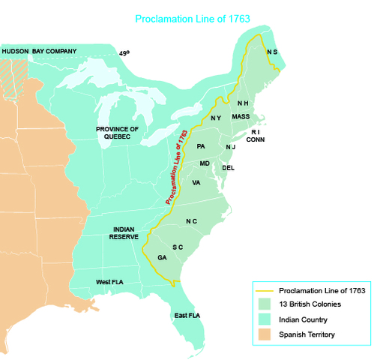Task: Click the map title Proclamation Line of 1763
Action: [x=193, y=19]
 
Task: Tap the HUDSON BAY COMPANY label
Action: [x=39, y=51]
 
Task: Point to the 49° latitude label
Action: [x=124, y=53]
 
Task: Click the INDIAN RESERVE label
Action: [x=124, y=232]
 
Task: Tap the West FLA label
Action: [x=109, y=282]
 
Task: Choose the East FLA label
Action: [x=185, y=315]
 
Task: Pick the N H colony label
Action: [x=243, y=103]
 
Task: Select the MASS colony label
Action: [x=241, y=116]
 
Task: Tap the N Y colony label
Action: [x=216, y=118]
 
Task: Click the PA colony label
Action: [x=201, y=145]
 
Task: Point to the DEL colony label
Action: [x=229, y=167]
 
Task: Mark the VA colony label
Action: [x=196, y=182]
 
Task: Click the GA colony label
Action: [x=162, y=257]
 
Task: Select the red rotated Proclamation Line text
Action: [x=175, y=167]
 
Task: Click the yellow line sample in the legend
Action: [x=265, y=290]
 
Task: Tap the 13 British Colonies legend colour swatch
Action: [x=265, y=304]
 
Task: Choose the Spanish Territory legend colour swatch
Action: [x=265, y=334]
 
